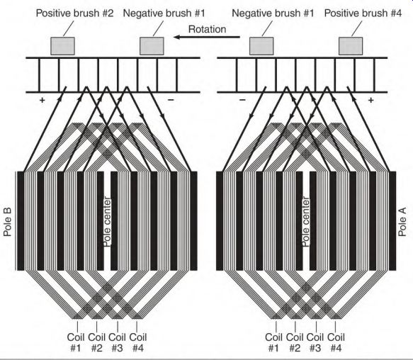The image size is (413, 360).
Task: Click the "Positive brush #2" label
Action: click(x=75, y=13)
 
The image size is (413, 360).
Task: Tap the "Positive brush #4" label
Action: click(x=363, y=13)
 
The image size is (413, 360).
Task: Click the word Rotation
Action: click(x=208, y=29)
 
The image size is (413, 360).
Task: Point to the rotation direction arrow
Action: click(x=207, y=37)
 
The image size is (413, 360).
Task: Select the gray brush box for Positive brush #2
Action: click(x=62, y=46)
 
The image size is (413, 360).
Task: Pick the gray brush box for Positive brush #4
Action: click(x=351, y=46)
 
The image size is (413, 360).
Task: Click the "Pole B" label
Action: click(x=8, y=222)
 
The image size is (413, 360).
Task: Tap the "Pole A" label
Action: click(x=402, y=222)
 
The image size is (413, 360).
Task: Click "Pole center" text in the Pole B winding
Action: click(x=107, y=222)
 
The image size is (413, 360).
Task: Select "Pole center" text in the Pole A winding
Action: click(x=305, y=222)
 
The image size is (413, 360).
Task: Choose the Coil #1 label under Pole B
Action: click(x=76, y=342)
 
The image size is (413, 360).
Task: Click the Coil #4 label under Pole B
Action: click(x=138, y=342)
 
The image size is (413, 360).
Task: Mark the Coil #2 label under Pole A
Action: click(x=295, y=342)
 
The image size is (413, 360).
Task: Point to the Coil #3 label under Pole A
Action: click(x=315, y=342)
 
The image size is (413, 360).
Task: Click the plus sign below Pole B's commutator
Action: click(x=42, y=100)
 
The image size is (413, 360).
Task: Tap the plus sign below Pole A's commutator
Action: click(x=371, y=100)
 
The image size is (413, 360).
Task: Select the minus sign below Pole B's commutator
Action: click(x=171, y=100)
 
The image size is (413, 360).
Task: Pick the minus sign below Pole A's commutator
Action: click(x=242, y=100)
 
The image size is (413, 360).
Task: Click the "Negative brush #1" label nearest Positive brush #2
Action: click(x=164, y=13)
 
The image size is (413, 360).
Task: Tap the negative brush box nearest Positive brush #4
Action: click(x=261, y=46)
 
